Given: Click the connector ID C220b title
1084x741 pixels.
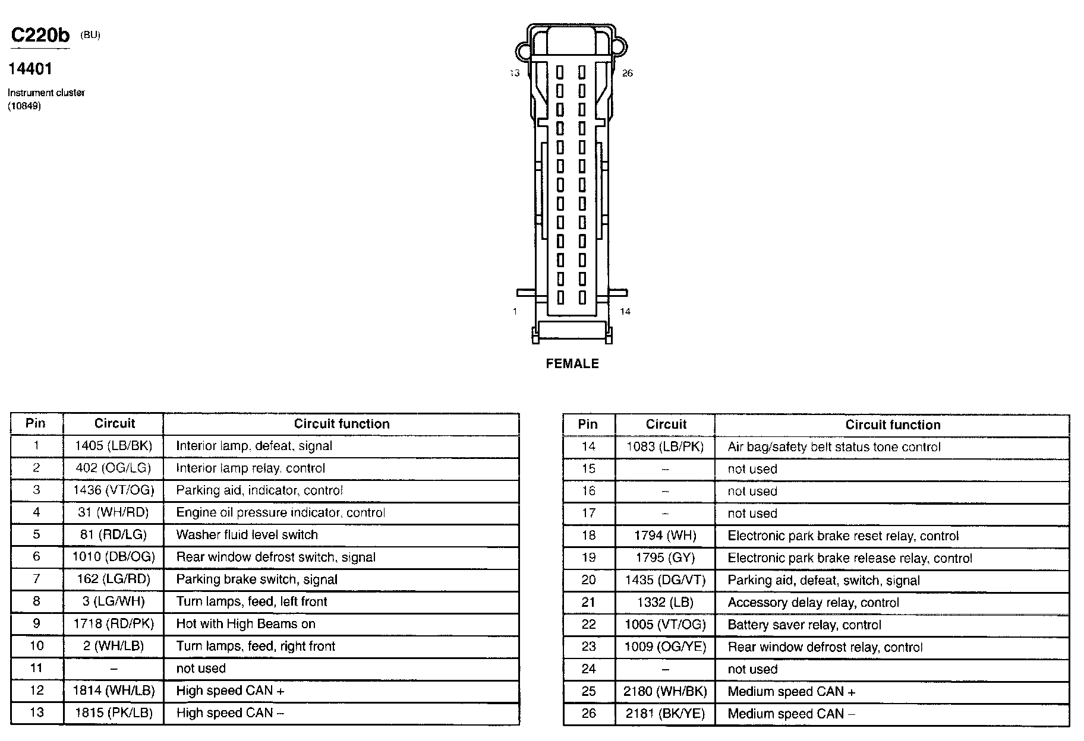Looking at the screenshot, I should pos(40,36).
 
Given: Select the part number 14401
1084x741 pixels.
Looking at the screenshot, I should pos(30,69).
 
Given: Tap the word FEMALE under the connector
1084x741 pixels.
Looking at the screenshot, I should pos(572,363).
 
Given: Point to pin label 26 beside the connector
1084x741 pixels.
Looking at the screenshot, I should pos(627,74).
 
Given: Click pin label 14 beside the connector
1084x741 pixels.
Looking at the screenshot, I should pos(625,311).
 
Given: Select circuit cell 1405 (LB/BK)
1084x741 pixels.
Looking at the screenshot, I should pos(114,446).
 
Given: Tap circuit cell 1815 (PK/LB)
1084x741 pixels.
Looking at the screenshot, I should pos(114,712).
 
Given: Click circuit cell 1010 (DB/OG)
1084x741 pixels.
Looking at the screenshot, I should pos(114,557).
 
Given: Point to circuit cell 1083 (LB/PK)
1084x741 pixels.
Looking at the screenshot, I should pos(665,447).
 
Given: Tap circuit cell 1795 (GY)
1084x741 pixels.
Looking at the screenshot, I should pos(665,558).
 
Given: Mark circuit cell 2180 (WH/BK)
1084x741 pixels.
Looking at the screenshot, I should pos(665,692).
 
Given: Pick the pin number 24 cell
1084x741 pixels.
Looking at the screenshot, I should pos(588,669).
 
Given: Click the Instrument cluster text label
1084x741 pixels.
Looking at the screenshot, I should pos(46,93).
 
